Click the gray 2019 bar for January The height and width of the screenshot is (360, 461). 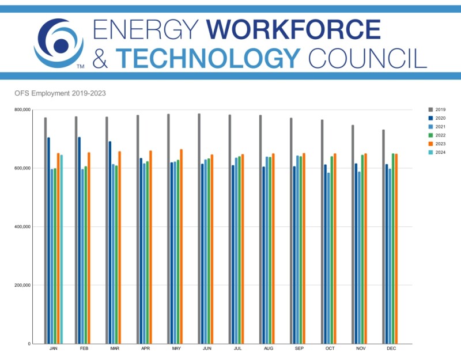tap(46, 230)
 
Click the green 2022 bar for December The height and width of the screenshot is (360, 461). tap(393, 248)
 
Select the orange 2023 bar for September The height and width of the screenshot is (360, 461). tap(304, 248)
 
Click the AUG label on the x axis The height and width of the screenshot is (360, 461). tap(269, 349)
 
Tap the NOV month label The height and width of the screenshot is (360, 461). tap(361, 349)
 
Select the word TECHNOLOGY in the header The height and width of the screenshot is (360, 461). tap(208, 57)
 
